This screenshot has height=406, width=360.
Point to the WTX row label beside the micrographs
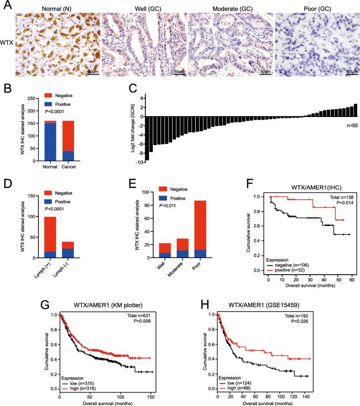pos(7,45)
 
